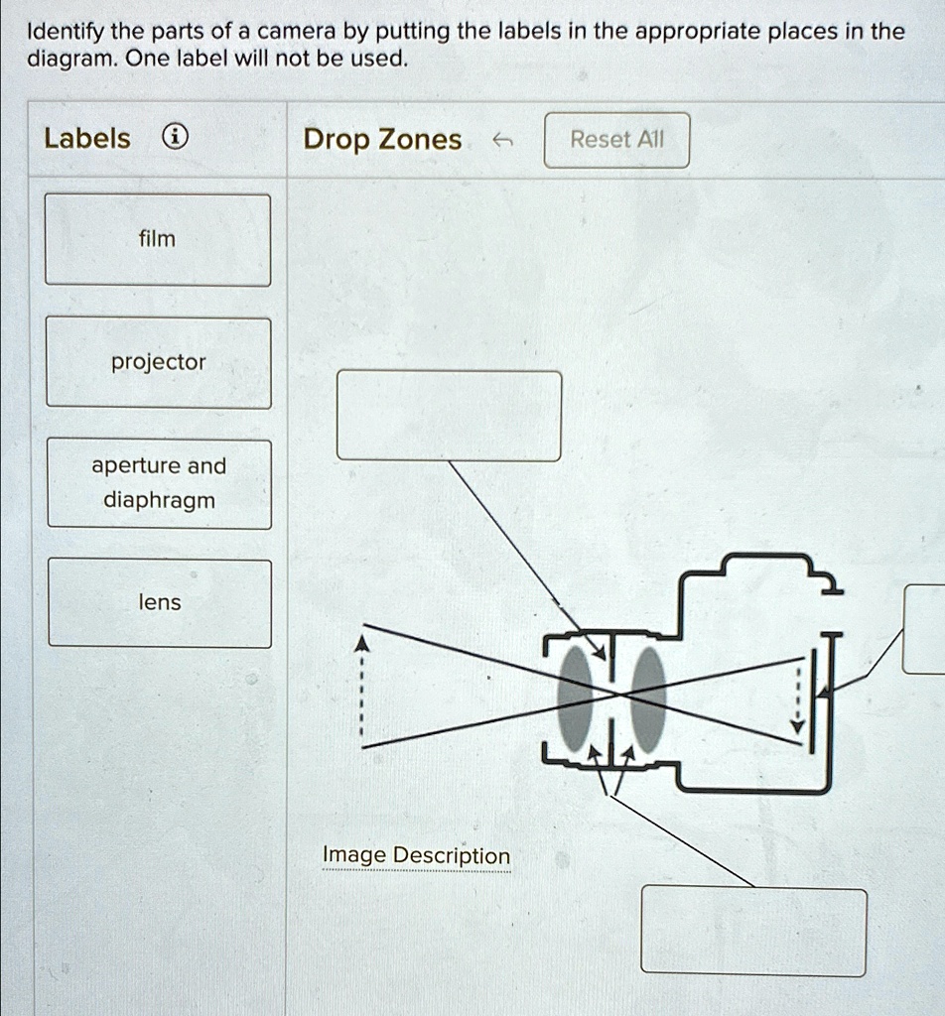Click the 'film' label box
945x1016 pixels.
158,239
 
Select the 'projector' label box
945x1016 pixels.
158,362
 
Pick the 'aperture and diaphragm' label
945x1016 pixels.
159,483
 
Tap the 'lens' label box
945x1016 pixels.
159,602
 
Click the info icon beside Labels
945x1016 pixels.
174,139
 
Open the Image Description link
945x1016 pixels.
416,855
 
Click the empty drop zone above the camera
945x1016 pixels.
449,416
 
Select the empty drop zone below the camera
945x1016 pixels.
752,931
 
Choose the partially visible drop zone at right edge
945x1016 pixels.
924,629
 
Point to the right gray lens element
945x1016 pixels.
648,698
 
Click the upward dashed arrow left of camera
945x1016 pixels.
363,690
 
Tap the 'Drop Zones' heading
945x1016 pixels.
382,140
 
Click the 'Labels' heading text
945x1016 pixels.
87,139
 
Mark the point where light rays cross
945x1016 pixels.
619,696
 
